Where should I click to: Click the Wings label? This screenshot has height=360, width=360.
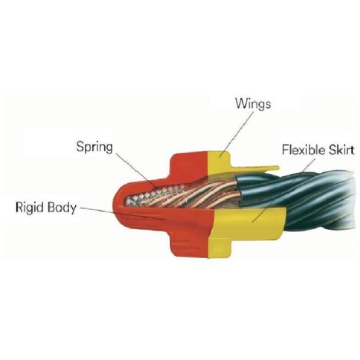(x=253, y=103)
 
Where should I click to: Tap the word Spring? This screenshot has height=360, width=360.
(x=94, y=147)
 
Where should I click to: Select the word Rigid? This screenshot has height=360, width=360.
(x=29, y=207)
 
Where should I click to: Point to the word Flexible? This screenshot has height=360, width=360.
(x=300, y=149)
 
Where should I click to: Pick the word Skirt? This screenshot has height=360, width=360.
(x=338, y=149)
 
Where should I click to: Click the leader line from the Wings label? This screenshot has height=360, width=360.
(x=236, y=133)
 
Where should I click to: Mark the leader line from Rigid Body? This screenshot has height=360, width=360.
(x=120, y=213)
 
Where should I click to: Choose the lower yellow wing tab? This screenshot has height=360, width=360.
(x=220, y=247)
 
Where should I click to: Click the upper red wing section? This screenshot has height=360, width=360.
(x=189, y=163)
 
